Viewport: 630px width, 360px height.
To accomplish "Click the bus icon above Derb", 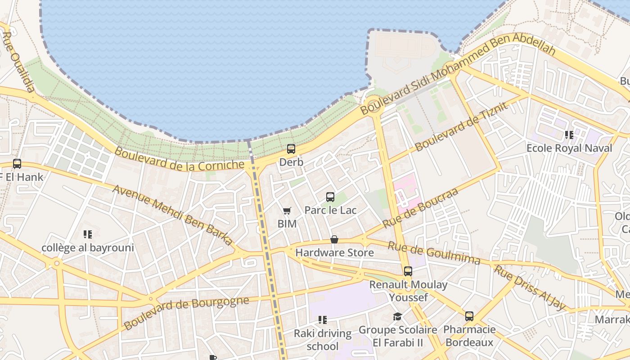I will (291, 149).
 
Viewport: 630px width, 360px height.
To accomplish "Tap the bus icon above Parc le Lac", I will (330, 197).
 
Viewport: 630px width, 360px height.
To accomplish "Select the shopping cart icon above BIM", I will (287, 211).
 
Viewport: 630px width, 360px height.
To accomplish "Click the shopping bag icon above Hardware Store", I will (334, 239).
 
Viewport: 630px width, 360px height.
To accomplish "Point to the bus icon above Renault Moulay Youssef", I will (408, 271).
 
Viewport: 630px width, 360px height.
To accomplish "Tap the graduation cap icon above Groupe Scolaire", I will (397, 317).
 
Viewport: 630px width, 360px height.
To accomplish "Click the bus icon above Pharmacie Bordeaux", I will (469, 316).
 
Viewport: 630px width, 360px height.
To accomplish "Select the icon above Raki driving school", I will (322, 320).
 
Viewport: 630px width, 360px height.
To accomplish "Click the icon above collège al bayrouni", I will (88, 234).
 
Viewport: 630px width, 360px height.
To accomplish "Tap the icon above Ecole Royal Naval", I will (569, 135).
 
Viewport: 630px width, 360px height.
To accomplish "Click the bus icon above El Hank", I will (17, 164).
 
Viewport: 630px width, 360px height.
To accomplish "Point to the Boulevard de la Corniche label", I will (179, 159).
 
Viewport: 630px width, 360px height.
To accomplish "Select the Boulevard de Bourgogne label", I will (186, 312).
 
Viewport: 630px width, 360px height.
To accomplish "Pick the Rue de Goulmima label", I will (434, 253).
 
